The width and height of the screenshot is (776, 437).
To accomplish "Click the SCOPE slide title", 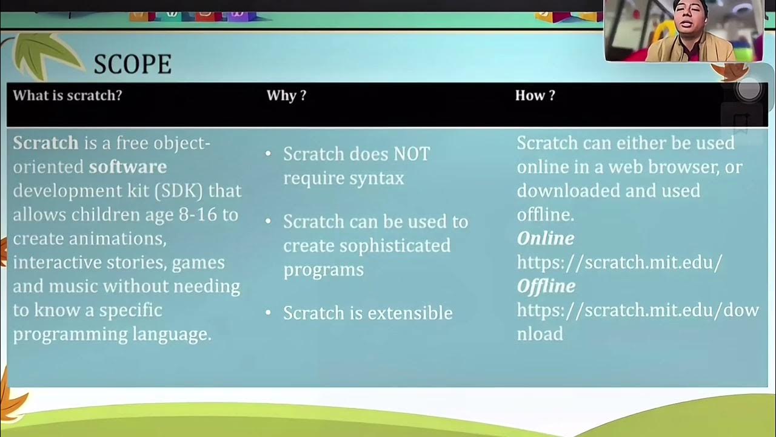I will coord(132,64).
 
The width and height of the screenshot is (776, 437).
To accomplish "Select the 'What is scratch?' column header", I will coord(67,95).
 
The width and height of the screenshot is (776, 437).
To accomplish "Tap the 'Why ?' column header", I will coord(286,95).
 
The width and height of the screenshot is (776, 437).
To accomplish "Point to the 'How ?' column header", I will coord(535,95).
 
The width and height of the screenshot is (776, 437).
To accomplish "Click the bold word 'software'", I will coord(128,166).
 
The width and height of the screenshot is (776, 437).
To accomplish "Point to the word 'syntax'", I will coord(376,178).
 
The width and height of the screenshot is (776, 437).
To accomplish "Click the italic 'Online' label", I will coord(545,238).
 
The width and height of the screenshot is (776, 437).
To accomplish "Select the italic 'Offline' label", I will coord(546,286).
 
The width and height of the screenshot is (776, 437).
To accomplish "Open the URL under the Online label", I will coord(619,262).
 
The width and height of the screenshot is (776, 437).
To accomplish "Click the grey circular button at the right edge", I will coord(749,90).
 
